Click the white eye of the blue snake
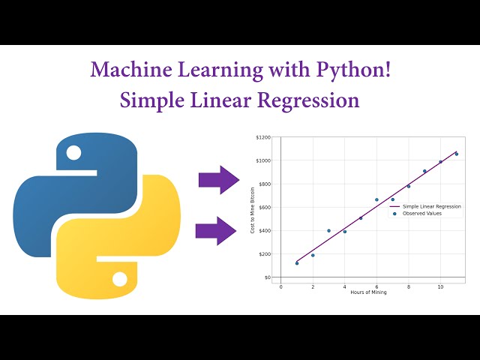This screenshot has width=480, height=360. click(x=73, y=153)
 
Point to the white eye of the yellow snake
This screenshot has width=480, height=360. click(x=119, y=279)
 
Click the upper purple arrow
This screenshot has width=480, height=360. click(x=218, y=180)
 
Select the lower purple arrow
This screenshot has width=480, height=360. click(x=216, y=230)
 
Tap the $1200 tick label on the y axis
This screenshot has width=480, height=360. click(x=263, y=138)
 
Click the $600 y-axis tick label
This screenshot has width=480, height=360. click(x=264, y=208)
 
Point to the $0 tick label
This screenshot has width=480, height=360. click(x=267, y=277)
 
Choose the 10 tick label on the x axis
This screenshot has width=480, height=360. click(x=440, y=286)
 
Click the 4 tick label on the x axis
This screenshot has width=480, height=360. click(x=344, y=286)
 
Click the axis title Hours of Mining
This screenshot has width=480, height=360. click(x=368, y=292)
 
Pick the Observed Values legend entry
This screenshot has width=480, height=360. click(x=422, y=214)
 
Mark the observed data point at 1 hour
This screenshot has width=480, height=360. click(x=297, y=263)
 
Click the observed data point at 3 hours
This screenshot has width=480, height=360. click(x=328, y=231)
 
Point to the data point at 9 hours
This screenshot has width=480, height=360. click(x=424, y=171)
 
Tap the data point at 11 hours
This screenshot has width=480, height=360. click(x=457, y=154)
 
